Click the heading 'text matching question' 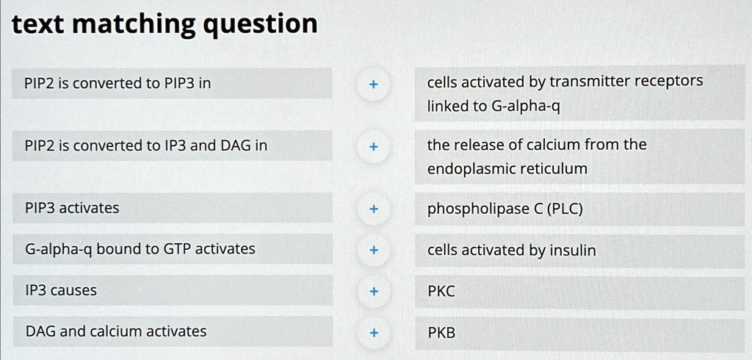click(x=165, y=25)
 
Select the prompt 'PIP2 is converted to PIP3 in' click(x=118, y=84)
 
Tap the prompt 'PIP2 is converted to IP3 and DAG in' click(x=146, y=145)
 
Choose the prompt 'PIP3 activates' click(x=72, y=208)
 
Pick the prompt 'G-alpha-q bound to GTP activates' click(x=140, y=249)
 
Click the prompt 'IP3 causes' click(x=61, y=290)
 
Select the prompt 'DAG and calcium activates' click(x=116, y=331)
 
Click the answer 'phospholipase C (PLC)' click(x=505, y=209)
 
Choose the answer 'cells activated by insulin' click(x=512, y=251)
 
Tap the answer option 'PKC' click(x=441, y=292)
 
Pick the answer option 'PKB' click(x=441, y=333)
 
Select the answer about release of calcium click(x=537, y=156)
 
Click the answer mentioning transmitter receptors click(x=565, y=93)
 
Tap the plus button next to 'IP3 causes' click(x=374, y=292)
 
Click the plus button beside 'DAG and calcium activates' click(x=374, y=333)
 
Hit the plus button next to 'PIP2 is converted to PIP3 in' click(x=374, y=84)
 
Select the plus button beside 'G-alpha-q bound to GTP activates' click(x=374, y=251)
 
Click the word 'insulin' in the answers click(x=573, y=251)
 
